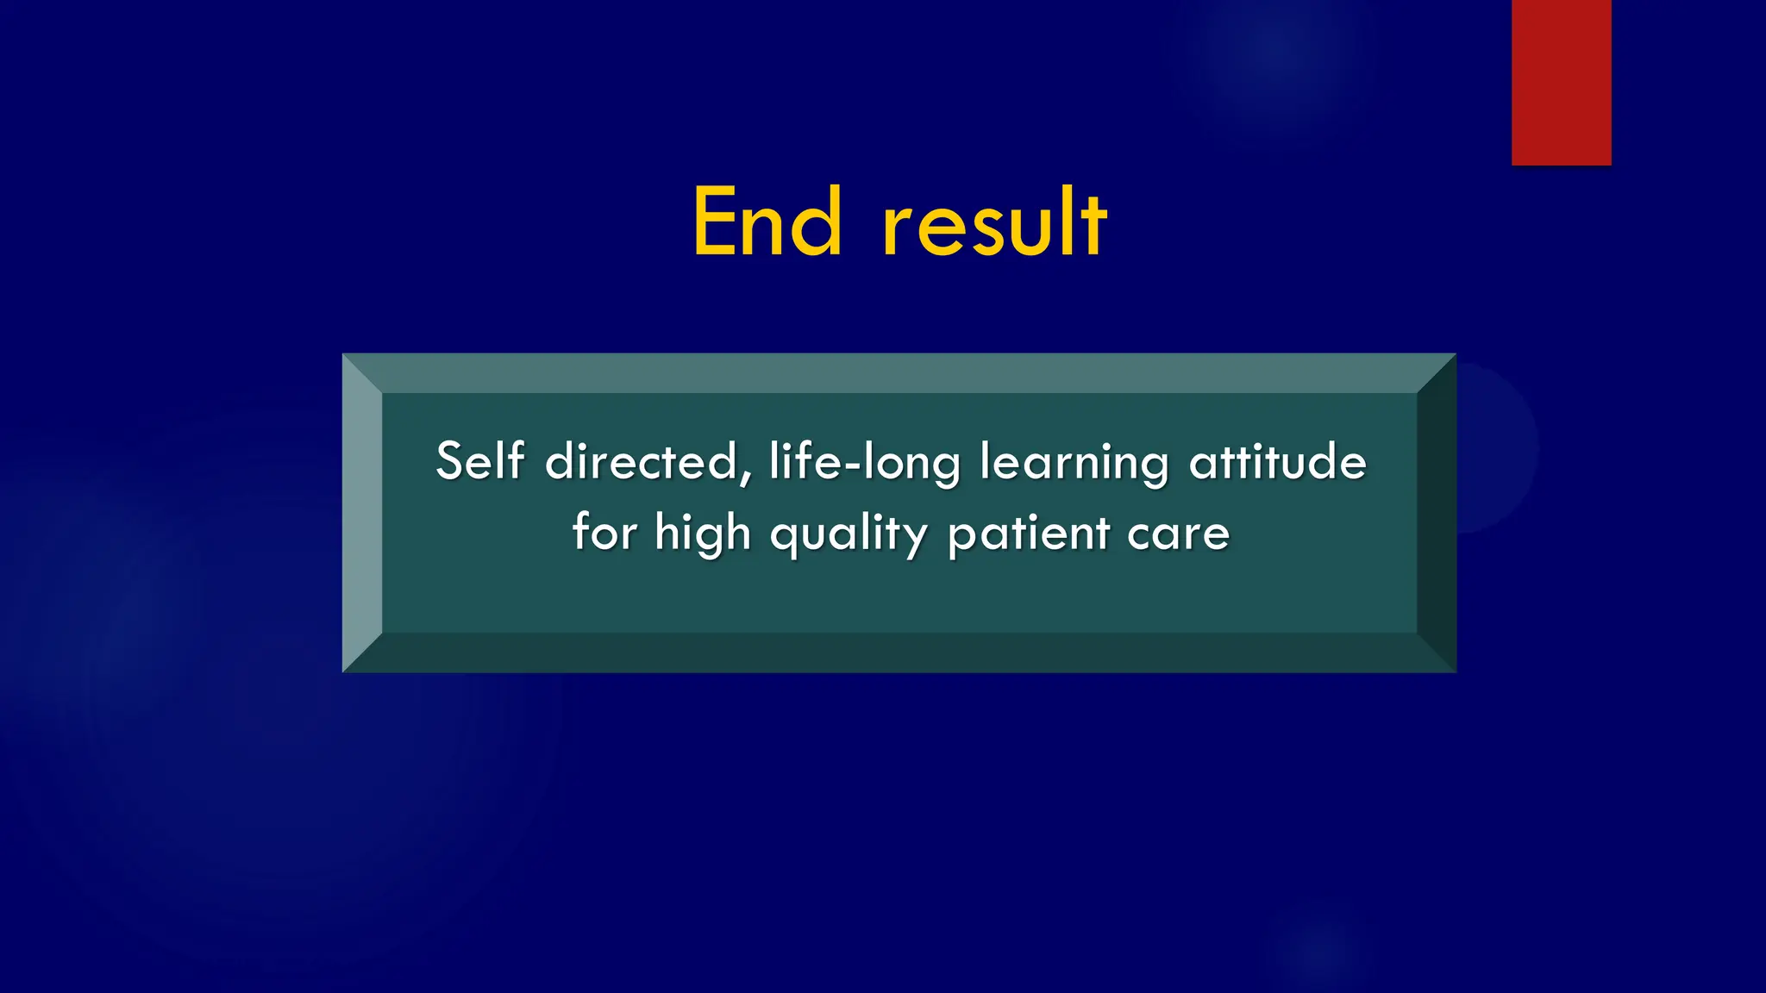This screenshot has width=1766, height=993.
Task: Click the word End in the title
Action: point(767,222)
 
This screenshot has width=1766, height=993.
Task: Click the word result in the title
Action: point(994,222)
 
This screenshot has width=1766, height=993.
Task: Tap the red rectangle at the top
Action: point(1561,82)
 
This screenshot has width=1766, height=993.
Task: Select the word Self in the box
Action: point(479,460)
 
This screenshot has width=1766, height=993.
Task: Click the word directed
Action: point(642,462)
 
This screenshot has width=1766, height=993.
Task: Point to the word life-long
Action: point(864,463)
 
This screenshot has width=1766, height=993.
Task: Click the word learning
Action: point(1074,463)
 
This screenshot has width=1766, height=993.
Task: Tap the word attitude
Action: point(1278,461)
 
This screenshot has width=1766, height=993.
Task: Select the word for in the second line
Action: point(604,532)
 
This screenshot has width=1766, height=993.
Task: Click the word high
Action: point(703,534)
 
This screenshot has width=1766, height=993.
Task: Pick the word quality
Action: point(849,534)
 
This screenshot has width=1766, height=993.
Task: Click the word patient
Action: point(1029,534)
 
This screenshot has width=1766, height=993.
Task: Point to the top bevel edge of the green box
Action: point(899,373)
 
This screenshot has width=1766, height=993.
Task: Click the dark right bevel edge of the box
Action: point(1437,513)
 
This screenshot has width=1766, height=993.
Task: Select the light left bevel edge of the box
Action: point(362,513)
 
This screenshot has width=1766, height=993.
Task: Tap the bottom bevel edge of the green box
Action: point(899,653)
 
